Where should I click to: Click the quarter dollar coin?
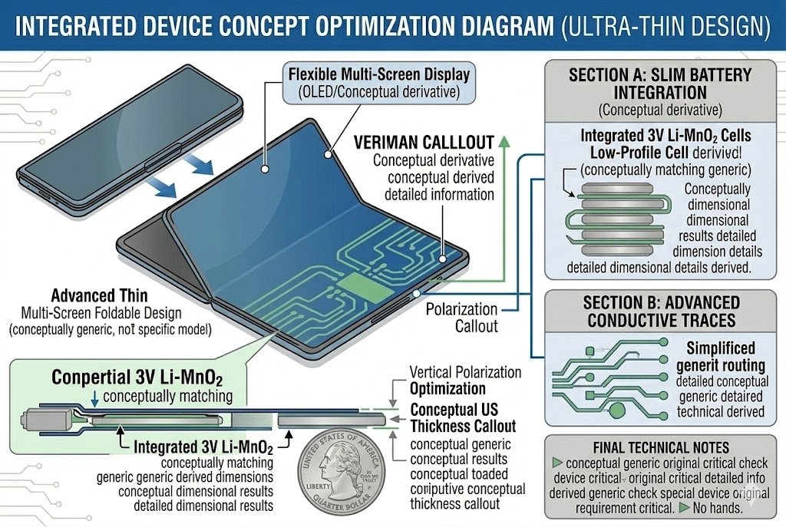pos(345,477)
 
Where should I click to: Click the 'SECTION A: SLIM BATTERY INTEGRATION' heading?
pos(659,85)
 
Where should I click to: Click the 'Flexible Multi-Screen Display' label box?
pos(378,83)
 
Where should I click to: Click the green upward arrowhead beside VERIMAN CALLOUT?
pos(504,139)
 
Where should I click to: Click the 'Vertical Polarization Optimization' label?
pos(465,380)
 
